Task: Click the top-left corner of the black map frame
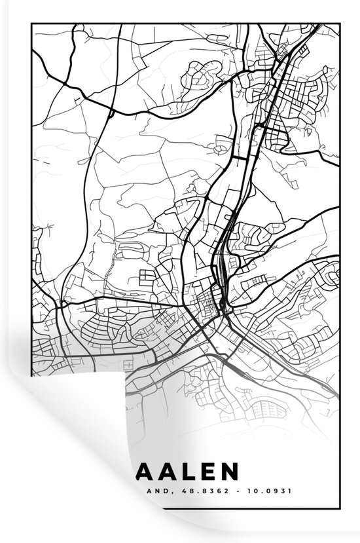[x=32, y=24]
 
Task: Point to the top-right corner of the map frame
[x=339, y=24]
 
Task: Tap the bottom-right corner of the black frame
[x=339, y=506]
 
